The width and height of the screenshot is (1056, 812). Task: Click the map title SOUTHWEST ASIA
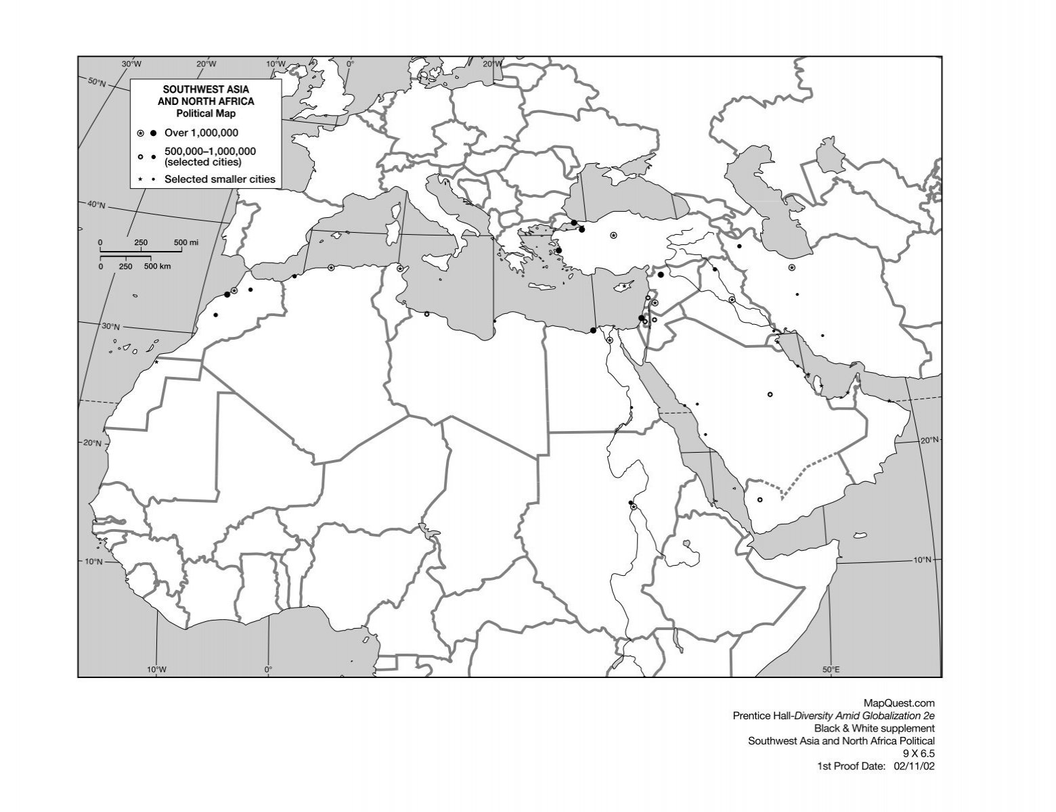(206, 89)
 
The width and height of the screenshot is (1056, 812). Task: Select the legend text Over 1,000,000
(201, 133)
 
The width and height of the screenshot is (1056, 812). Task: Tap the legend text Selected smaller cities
(219, 179)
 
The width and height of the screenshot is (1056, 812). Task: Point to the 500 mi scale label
(186, 242)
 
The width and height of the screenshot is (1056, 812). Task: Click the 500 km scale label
(157, 266)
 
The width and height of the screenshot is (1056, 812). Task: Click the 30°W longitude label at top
(132, 64)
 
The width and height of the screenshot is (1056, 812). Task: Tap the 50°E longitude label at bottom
(831, 670)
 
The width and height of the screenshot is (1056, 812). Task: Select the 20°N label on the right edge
(929, 441)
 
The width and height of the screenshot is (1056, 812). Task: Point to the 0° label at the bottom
(269, 670)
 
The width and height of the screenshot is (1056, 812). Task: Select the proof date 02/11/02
(914, 767)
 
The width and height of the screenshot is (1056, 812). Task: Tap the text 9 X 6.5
(919, 754)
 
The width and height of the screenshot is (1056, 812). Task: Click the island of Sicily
(436, 259)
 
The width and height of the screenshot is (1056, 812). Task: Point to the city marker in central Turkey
(613, 235)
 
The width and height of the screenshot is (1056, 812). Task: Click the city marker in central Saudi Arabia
(770, 394)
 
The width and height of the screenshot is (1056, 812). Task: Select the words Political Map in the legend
(206, 114)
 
